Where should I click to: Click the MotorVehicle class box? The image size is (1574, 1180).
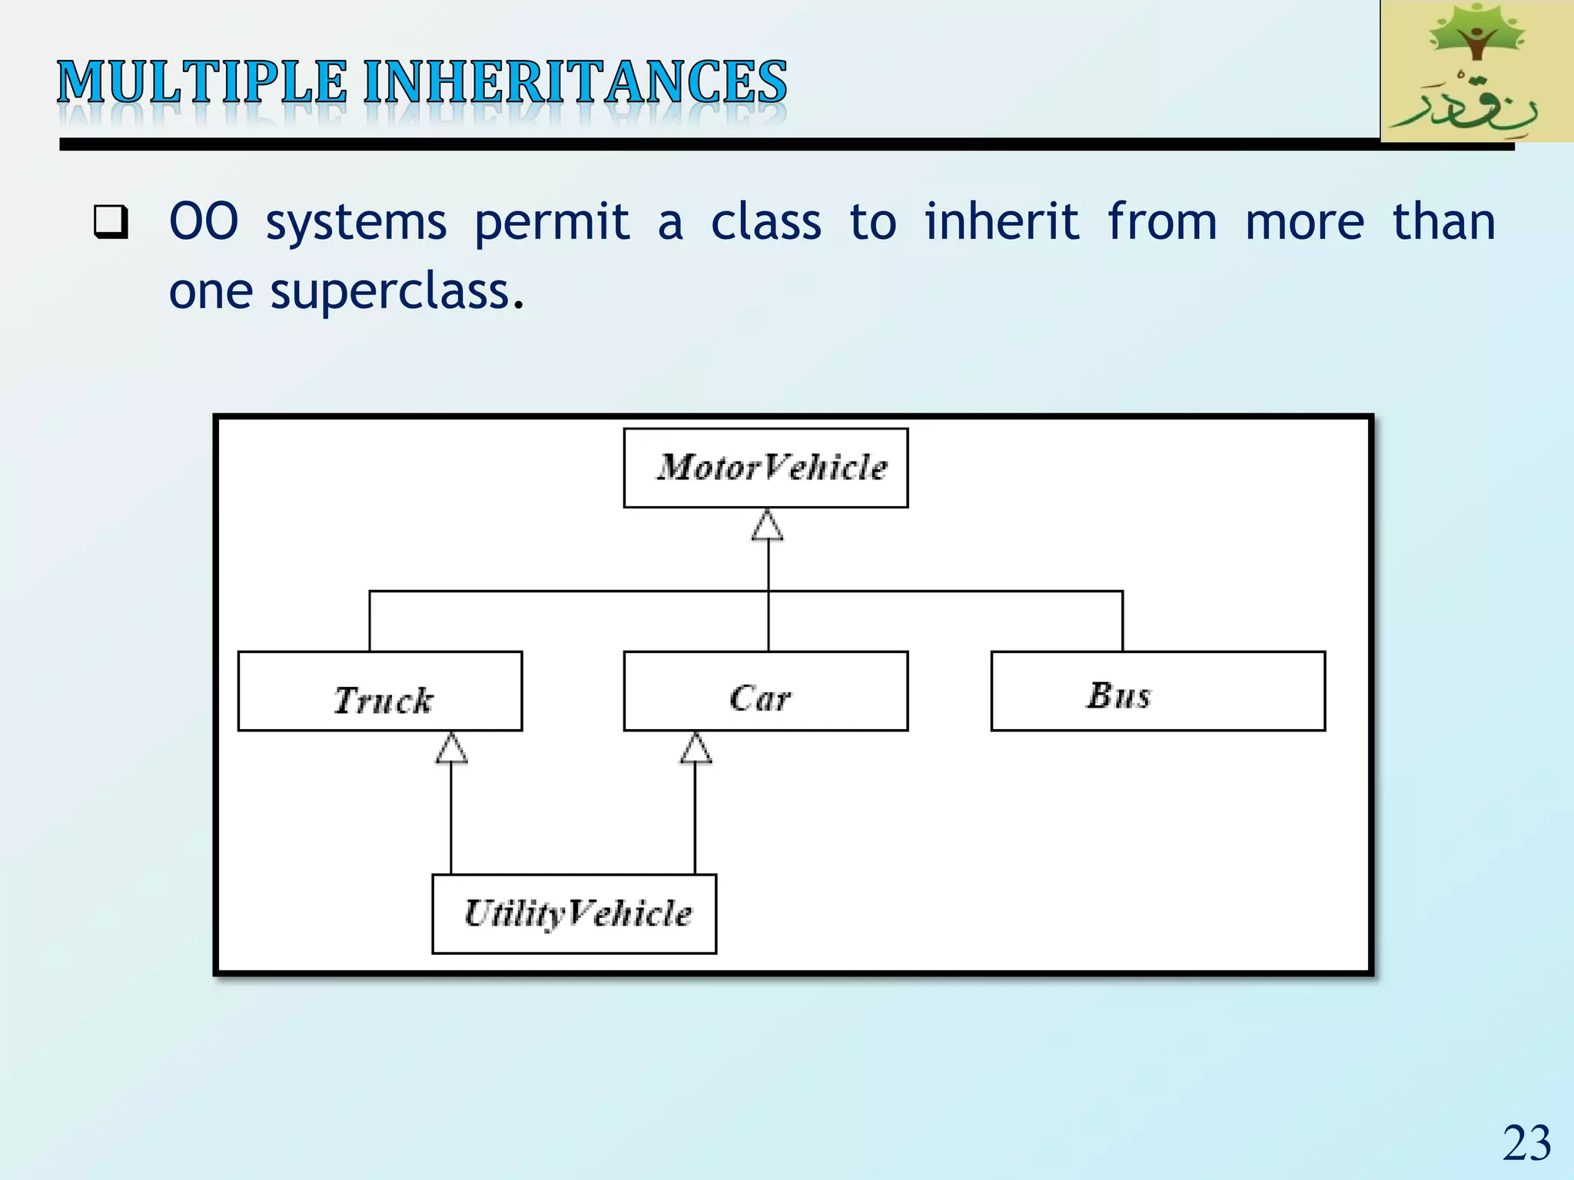coord(765,468)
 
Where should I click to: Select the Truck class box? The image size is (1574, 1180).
coord(380,691)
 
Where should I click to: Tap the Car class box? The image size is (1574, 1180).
coord(765,691)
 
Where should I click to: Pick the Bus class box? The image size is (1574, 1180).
coord(1157,691)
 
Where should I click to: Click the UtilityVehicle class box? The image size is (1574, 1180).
coord(574,913)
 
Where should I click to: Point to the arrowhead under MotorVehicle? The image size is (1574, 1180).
coord(767,527)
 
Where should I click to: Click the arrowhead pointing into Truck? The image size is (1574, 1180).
coord(451,748)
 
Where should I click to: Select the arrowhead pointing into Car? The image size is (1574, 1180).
coord(696,748)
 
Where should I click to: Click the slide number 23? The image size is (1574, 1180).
coord(1526,1143)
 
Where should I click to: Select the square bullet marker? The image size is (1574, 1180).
coord(111,222)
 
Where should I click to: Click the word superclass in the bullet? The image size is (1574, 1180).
coord(390,292)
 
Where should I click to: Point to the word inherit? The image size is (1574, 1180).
coord(1001,222)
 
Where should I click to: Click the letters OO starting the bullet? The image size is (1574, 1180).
coord(204,222)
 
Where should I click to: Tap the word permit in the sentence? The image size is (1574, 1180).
coord(552,224)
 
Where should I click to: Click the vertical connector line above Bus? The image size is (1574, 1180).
coord(1122,621)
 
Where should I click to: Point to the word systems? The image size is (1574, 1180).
coord(356,224)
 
